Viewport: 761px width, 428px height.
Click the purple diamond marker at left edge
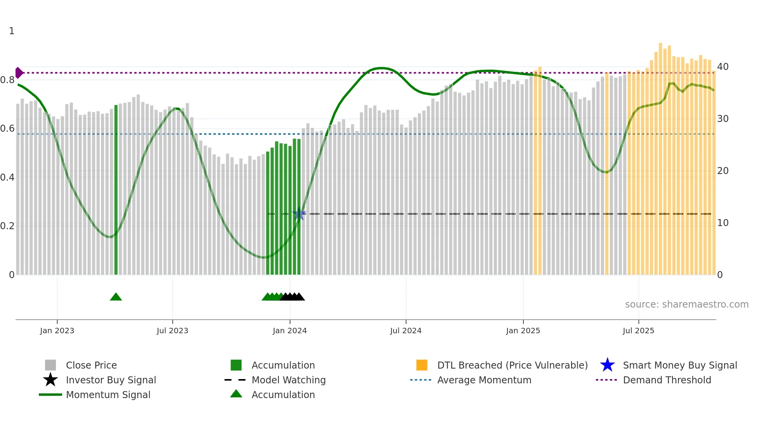(x=19, y=73)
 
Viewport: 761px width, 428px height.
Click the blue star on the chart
(x=299, y=214)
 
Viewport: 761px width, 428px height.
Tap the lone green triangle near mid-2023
(x=116, y=297)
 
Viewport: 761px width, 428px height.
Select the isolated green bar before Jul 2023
(x=116, y=190)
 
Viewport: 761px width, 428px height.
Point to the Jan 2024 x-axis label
(x=290, y=331)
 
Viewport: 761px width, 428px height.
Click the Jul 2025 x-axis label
(x=638, y=331)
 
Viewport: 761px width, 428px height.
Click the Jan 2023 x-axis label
(x=57, y=331)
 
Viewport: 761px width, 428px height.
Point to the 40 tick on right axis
(x=723, y=67)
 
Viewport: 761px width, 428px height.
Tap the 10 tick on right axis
(x=723, y=223)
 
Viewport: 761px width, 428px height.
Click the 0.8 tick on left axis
(x=7, y=80)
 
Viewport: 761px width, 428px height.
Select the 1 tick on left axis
(x=12, y=31)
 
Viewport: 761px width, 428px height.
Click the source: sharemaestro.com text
(x=686, y=304)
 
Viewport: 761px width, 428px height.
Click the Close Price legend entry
(x=91, y=365)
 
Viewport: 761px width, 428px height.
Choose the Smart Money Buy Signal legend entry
(x=679, y=365)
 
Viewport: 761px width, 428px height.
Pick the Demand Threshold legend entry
(x=667, y=380)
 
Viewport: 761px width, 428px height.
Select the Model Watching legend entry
(x=288, y=380)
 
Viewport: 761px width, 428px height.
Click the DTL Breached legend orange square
(x=422, y=365)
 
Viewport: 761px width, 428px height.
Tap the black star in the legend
(x=50, y=380)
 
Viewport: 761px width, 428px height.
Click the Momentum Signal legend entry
(x=108, y=395)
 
